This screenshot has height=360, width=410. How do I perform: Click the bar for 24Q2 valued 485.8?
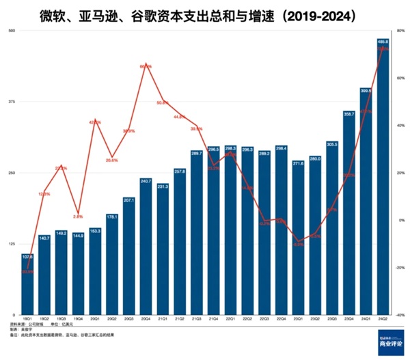point(383,178)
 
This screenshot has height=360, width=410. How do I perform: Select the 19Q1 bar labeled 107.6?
point(28,283)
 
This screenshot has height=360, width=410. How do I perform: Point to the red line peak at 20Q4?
point(146,66)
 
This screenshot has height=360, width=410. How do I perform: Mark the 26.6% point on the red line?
point(112,158)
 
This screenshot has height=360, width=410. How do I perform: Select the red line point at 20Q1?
point(95,122)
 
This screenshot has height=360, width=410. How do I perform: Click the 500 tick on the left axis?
point(12,31)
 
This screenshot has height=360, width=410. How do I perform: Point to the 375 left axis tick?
point(12,102)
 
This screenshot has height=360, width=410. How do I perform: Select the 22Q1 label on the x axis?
point(230,318)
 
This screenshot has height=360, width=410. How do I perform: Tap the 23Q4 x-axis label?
point(348,318)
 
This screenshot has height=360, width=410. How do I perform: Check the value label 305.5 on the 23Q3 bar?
point(331,144)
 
